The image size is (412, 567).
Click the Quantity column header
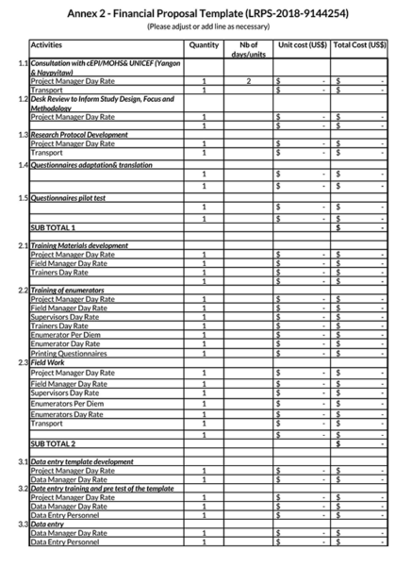(x=204, y=44)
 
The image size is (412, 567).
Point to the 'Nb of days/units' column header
(x=248, y=49)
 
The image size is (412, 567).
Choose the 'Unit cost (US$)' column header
(x=301, y=44)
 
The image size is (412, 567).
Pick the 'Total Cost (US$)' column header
(x=360, y=44)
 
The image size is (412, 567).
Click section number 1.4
(x=22, y=165)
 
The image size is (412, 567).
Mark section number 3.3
(x=22, y=525)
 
